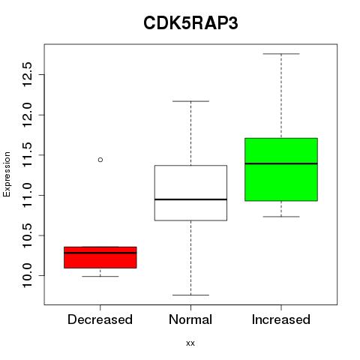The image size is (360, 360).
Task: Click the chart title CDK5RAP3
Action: pyautogui.click(x=190, y=23)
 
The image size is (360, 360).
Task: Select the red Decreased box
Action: pyautogui.click(x=100, y=257)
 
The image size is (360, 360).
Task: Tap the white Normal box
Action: pyautogui.click(x=190, y=193)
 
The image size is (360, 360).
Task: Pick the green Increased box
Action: pyautogui.click(x=281, y=169)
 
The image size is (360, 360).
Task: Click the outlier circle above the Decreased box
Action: pyautogui.click(x=100, y=160)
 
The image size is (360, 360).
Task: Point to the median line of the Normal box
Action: pyautogui.click(x=190, y=199)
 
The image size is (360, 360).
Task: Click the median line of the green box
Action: pyautogui.click(x=281, y=163)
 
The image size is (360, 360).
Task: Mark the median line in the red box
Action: pyautogui.click(x=100, y=253)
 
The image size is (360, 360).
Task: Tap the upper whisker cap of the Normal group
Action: pyautogui.click(x=190, y=101)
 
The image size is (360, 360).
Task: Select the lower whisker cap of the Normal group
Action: pyautogui.click(x=190, y=295)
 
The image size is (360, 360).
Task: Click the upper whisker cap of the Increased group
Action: pyautogui.click(x=281, y=54)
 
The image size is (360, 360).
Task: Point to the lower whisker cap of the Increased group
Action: pyautogui.click(x=281, y=217)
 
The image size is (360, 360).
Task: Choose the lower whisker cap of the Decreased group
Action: pyautogui.click(x=100, y=276)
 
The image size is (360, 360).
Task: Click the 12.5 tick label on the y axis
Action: pyautogui.click(x=27, y=74)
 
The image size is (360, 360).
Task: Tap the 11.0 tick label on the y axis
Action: pyautogui.click(x=27, y=195)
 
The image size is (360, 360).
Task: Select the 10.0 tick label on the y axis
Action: pyautogui.click(x=27, y=275)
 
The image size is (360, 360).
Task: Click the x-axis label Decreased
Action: pyautogui.click(x=100, y=319)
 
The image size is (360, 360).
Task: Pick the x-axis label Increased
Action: pyautogui.click(x=281, y=319)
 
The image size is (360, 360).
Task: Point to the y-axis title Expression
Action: pyautogui.click(x=7, y=174)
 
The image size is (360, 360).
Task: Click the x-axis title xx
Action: pyautogui.click(x=190, y=343)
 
